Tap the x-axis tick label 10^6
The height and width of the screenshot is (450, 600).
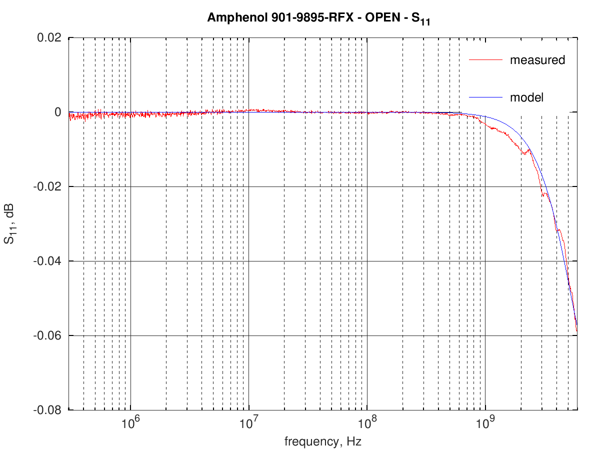coord(130,423)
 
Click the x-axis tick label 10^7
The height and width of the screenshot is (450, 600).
coord(248,423)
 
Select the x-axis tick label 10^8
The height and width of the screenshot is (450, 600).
coord(367,423)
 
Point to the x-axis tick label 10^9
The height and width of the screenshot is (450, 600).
coord(485,423)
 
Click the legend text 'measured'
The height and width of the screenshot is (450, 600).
coord(537,60)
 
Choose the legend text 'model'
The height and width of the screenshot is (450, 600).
coord(526,97)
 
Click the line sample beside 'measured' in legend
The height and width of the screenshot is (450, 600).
coord(484,60)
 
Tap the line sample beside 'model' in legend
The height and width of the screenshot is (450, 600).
coord(484,96)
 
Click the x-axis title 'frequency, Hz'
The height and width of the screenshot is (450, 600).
coord(322,441)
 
